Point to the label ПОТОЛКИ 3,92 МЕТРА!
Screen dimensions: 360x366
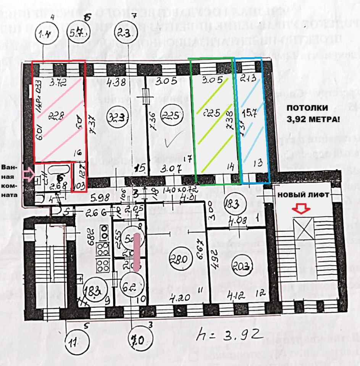(x=313, y=113)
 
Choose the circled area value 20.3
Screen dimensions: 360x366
(x=242, y=266)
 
